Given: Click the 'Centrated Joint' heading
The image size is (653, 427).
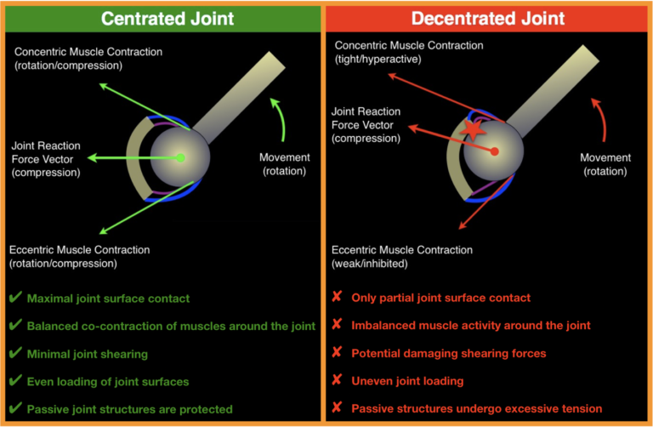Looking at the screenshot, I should [162, 17].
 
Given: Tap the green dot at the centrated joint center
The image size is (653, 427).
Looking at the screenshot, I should [180, 157].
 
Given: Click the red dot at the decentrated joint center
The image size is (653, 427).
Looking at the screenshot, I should [494, 151].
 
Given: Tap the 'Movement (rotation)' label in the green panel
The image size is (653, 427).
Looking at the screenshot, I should [285, 164].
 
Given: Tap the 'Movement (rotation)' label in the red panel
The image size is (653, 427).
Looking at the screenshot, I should [605, 164].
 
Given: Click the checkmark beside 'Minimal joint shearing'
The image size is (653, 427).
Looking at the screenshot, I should [14, 354].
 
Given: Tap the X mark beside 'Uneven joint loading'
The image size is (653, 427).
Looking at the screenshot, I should [337, 381].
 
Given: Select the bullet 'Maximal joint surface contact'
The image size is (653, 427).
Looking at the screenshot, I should [108, 299].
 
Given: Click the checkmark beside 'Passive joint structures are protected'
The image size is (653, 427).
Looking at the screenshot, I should [14, 409].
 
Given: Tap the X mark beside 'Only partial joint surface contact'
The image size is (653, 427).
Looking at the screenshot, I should [337, 298].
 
